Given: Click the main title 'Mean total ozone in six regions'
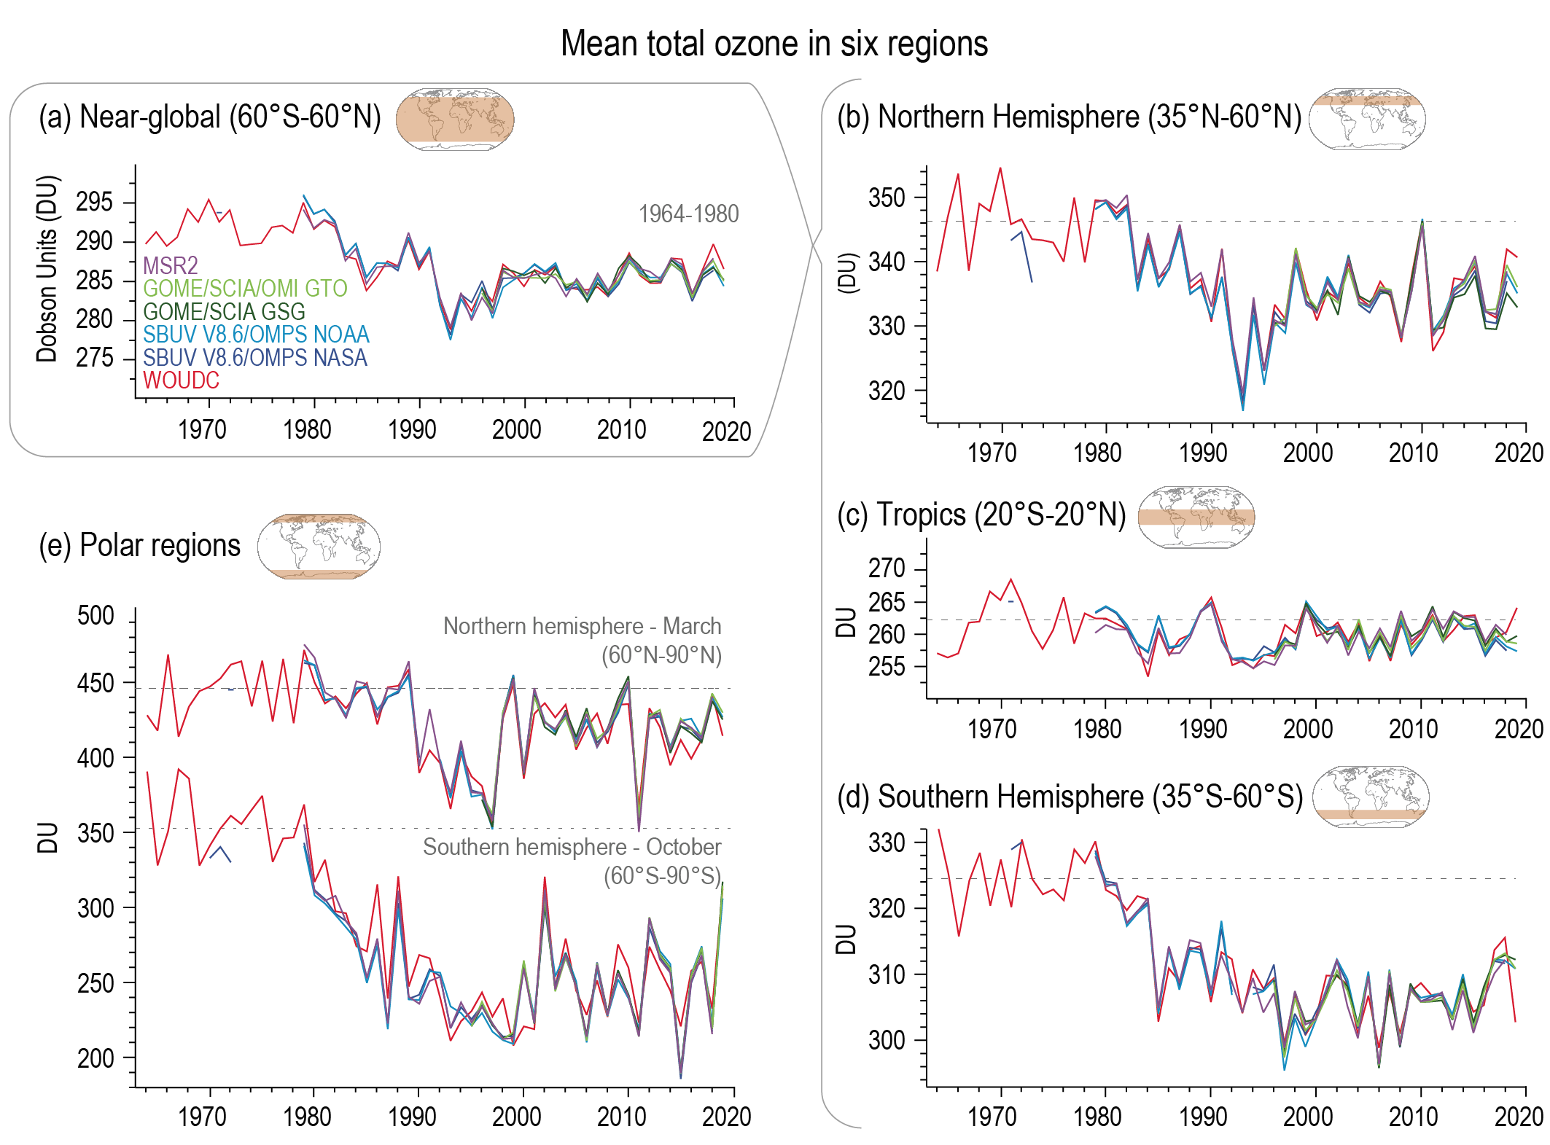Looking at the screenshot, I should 774,44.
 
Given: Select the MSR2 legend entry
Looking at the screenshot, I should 170,265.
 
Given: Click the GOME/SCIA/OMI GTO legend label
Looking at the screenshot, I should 245,289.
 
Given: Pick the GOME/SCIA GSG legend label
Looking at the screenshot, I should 224,312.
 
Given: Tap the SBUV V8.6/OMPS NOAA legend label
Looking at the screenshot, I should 256,335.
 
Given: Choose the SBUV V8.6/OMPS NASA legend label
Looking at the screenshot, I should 255,358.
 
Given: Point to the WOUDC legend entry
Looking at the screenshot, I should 181,380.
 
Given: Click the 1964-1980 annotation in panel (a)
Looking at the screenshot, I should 688,214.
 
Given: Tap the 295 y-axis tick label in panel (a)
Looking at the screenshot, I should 95,202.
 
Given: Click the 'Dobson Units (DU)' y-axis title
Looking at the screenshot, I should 47,268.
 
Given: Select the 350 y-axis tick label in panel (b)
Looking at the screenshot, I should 886,198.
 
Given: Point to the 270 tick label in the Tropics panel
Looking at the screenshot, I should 886,568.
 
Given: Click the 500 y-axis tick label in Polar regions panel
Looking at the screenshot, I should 96,616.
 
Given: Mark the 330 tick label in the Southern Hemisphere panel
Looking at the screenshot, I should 886,843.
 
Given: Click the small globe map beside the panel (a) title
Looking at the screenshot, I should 455,120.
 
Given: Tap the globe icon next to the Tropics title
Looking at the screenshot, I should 1196,517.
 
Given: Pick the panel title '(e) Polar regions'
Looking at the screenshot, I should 139,546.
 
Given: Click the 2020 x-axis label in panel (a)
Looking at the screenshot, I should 726,431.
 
